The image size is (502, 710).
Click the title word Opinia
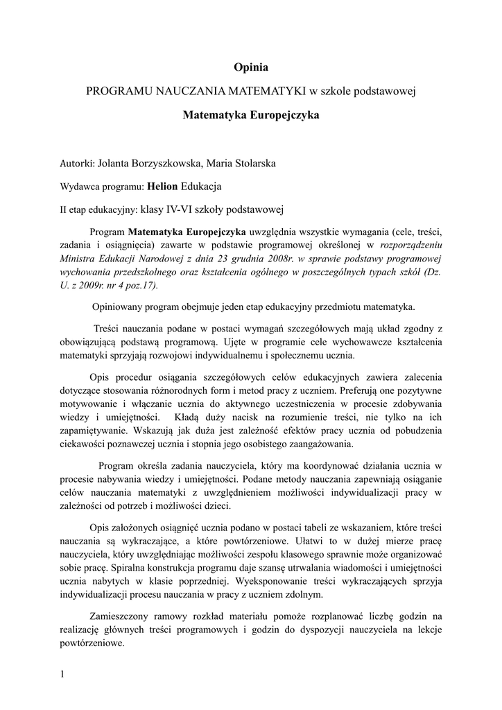(251, 67)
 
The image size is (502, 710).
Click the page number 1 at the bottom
(62, 673)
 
